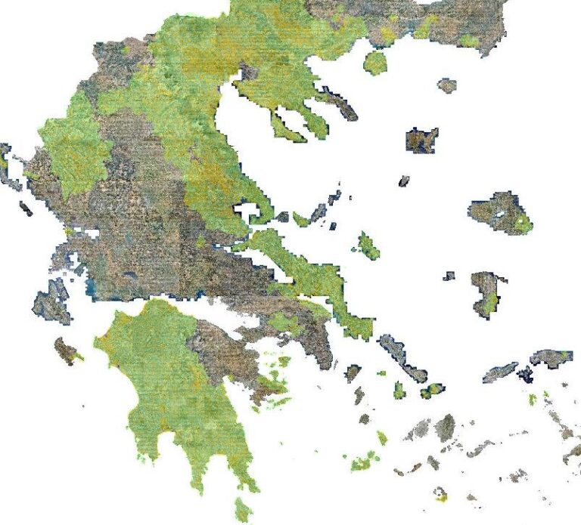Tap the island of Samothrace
447,85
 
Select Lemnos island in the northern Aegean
421,140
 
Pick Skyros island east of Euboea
368,245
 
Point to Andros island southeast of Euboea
402,358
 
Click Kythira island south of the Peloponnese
243,508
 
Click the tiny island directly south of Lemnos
403,181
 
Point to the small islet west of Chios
449,276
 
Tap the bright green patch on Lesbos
522,223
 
